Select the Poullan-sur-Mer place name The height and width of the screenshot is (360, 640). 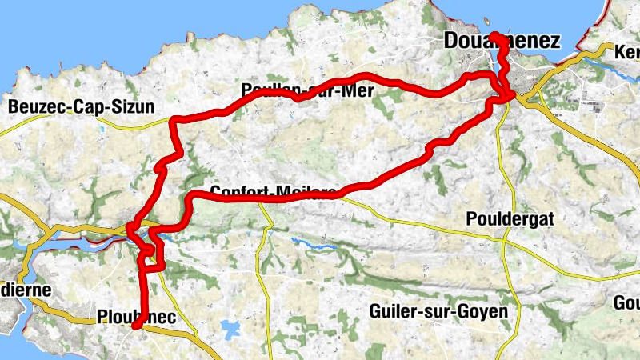pyautogui.click(x=307, y=90)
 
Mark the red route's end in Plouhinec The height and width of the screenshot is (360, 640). pyautogui.click(x=136, y=326)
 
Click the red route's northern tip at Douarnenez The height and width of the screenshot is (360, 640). pyautogui.click(x=494, y=34)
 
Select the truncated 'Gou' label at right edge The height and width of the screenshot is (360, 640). pyautogui.click(x=626, y=303)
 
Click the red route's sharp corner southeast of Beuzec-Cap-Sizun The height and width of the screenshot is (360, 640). pyautogui.click(x=174, y=120)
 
